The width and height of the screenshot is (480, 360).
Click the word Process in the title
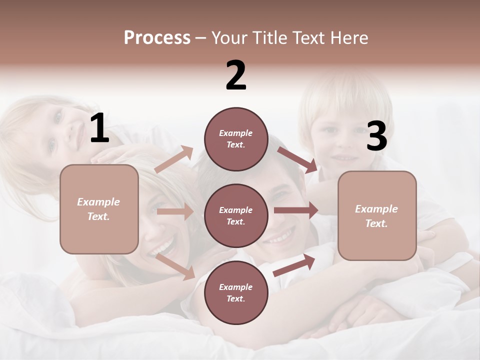click(x=157, y=38)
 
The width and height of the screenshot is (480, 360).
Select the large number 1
click(x=99, y=128)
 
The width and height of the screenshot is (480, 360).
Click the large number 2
click(x=236, y=75)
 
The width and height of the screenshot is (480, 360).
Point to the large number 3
click(x=376, y=137)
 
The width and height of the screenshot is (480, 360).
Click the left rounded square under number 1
click(x=99, y=209)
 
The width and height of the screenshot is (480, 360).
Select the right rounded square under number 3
click(x=377, y=215)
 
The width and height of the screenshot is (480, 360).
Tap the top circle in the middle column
click(x=236, y=138)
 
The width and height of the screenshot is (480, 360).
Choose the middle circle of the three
click(x=236, y=215)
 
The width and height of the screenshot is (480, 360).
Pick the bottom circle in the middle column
click(x=236, y=292)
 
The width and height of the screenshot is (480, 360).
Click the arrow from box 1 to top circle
click(x=174, y=159)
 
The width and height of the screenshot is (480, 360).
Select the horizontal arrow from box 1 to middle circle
click(x=175, y=211)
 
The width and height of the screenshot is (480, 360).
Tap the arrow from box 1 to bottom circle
click(x=175, y=266)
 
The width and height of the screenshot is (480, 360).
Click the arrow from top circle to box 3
click(x=297, y=159)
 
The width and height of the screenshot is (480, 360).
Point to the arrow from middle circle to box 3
click(x=296, y=210)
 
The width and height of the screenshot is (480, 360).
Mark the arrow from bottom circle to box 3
click(x=294, y=265)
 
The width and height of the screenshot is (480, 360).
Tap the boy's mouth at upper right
click(x=344, y=158)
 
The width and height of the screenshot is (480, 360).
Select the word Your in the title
click(x=228, y=38)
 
